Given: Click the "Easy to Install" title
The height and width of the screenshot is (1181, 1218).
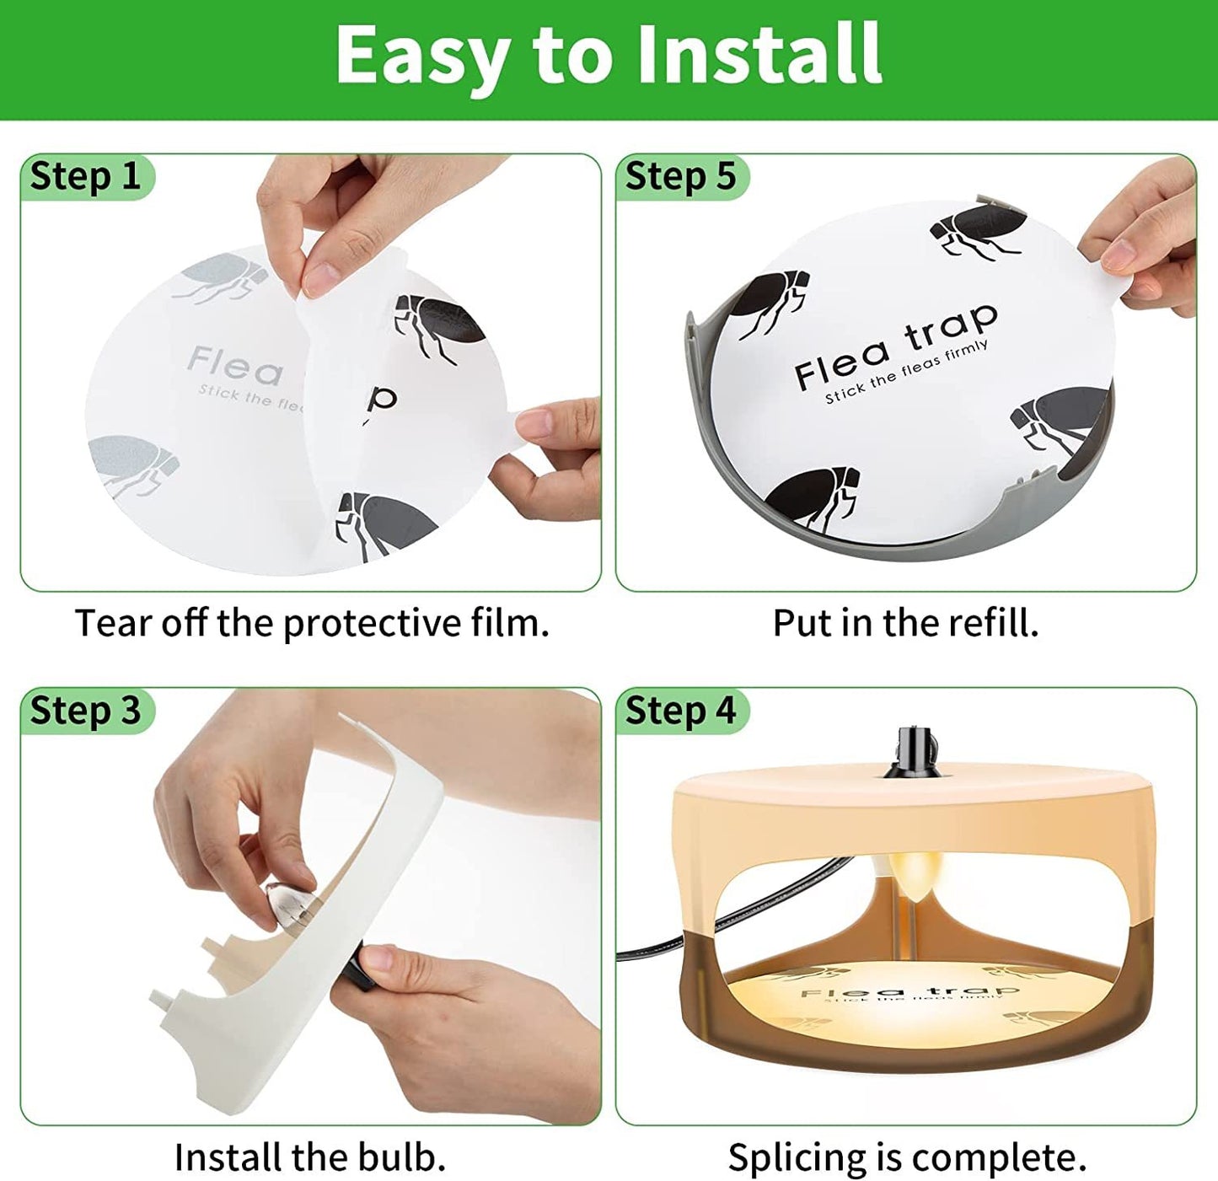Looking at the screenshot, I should click(609, 55).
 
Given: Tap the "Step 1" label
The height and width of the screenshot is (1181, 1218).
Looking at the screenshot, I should click(85, 177).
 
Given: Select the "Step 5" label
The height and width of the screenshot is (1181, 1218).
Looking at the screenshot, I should click(680, 177).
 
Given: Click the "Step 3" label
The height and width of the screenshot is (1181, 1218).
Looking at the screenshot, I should click(85, 711).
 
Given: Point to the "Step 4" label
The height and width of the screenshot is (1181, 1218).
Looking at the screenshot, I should click(680, 711).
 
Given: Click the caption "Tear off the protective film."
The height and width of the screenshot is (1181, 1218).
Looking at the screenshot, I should click(312, 624).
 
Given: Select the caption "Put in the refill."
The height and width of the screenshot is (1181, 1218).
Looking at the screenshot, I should click(905, 624).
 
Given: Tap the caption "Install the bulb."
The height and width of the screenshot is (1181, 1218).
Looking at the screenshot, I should click(309, 1157).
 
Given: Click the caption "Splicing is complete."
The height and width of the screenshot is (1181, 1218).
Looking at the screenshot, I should click(907, 1157).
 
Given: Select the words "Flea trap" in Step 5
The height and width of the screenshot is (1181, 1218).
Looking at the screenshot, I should click(896, 347).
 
